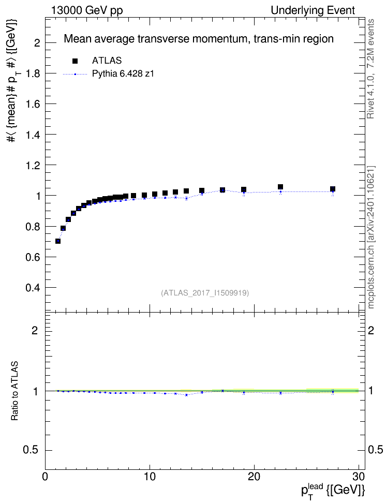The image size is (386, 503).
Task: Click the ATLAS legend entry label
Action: point(107,61)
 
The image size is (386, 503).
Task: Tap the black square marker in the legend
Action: point(75,61)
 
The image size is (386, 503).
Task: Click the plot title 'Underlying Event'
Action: point(313,10)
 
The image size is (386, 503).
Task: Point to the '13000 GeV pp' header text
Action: point(86,10)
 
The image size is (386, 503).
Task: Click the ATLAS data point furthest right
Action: point(333,189)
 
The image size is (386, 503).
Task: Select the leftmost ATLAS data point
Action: point(58,241)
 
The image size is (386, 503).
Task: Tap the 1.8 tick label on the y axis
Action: point(33,73)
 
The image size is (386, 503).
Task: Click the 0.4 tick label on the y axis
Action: point(33,288)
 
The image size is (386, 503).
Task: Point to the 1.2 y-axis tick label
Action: point(33,166)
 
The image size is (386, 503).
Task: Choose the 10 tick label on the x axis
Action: point(150,477)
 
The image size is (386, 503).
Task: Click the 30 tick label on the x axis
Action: point(359,477)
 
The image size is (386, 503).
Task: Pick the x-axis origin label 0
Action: point(45,477)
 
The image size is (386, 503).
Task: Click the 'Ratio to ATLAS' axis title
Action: point(15,391)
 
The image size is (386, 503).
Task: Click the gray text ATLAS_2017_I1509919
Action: point(205,293)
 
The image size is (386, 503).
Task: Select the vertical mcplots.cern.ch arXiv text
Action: point(371,237)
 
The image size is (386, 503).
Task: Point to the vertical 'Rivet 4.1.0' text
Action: point(371,69)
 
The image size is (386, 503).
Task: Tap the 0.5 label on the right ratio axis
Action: point(375,450)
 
